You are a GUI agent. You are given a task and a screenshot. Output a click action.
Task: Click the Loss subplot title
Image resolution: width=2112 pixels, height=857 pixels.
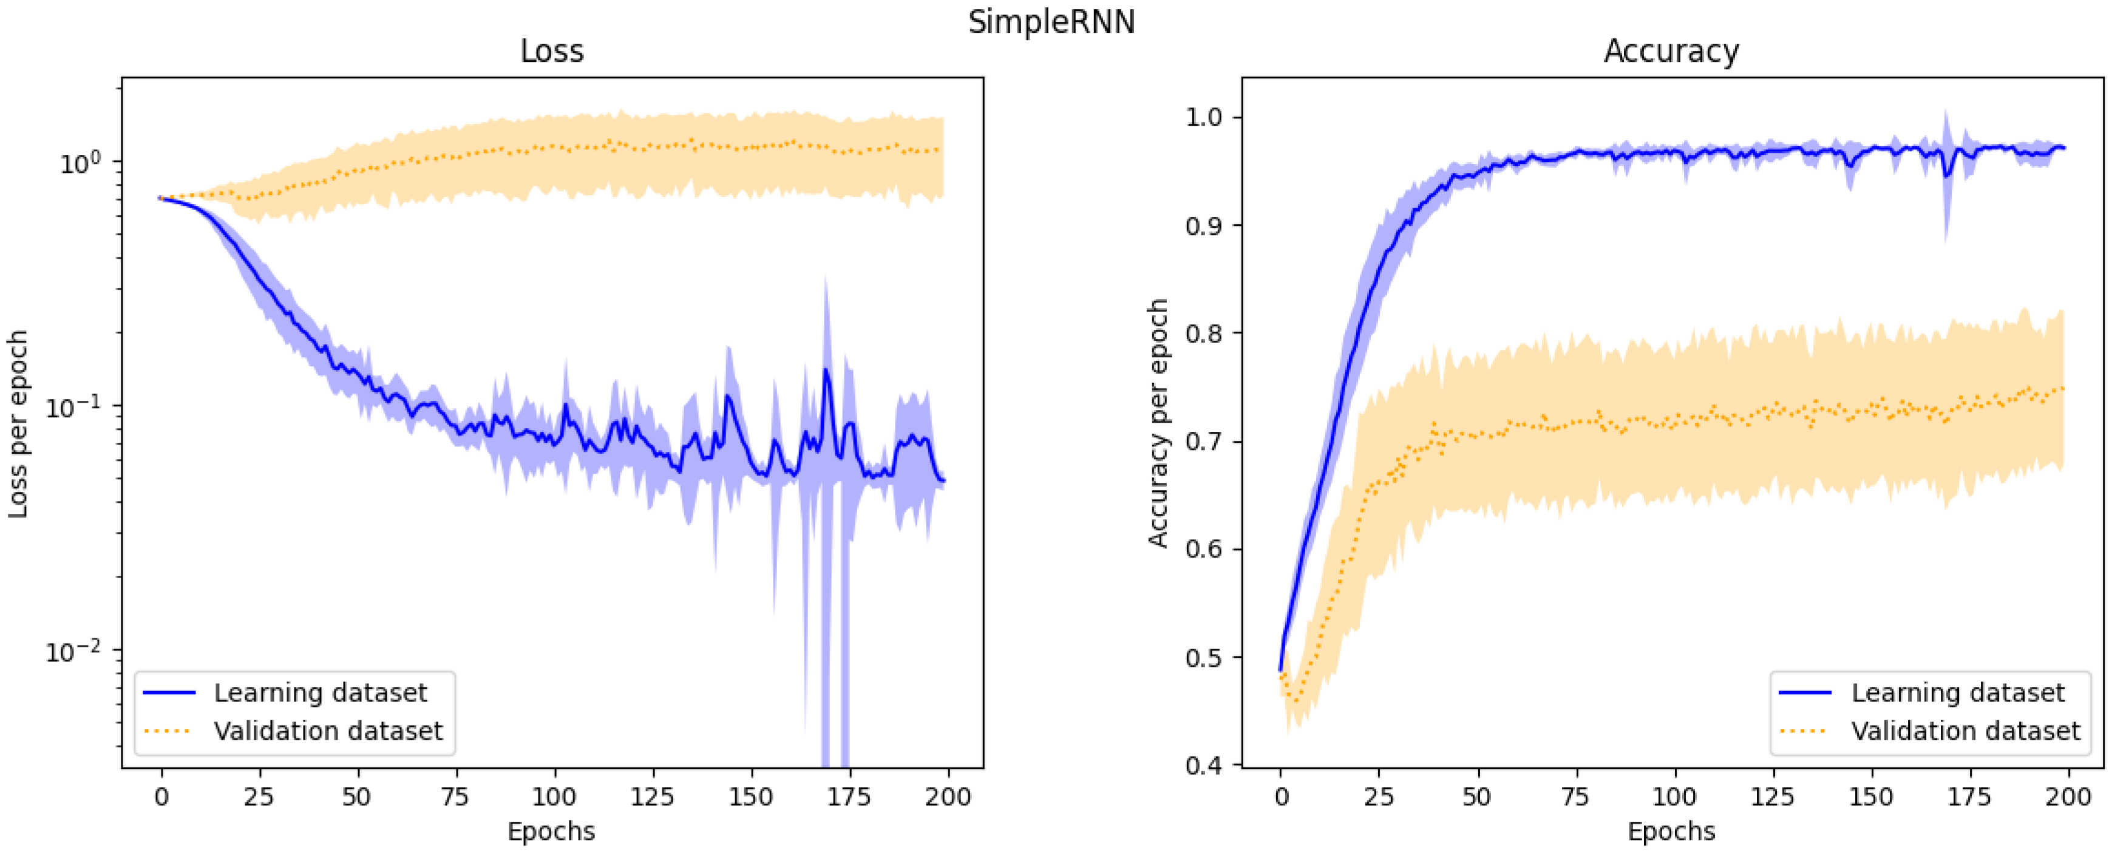[x=552, y=52]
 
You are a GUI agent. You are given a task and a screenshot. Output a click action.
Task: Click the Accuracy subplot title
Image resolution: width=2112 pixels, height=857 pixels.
[x=1671, y=52]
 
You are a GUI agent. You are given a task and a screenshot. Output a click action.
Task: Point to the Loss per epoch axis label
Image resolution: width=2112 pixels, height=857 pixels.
[x=18, y=424]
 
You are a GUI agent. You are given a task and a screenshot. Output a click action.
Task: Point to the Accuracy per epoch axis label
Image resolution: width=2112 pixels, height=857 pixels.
[x=1157, y=423]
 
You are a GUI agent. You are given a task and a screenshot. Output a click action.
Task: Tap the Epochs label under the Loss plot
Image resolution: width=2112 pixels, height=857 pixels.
[x=551, y=831]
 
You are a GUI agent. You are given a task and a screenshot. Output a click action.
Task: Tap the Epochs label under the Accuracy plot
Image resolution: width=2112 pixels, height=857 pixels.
[x=1671, y=831]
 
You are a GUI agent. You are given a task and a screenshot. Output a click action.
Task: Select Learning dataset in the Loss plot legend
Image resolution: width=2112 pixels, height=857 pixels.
[x=320, y=693]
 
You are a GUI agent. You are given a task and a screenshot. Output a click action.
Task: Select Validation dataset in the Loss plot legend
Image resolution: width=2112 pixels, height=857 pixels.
[x=328, y=731]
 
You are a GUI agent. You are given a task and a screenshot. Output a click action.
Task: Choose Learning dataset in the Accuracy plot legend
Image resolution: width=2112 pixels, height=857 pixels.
[x=1957, y=693]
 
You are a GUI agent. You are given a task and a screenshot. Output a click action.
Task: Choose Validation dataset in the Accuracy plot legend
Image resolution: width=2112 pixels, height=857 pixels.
[x=1965, y=731]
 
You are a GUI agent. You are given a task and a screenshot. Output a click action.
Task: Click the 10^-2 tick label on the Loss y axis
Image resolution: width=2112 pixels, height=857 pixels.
[x=74, y=652]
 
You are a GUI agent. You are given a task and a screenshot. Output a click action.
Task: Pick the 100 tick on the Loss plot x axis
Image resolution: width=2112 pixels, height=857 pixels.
[x=554, y=796]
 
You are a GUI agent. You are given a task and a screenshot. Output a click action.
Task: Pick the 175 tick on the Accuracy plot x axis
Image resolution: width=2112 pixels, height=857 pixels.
[x=1969, y=796]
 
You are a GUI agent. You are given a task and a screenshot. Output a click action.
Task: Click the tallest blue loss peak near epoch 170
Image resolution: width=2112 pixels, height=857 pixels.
[x=826, y=370]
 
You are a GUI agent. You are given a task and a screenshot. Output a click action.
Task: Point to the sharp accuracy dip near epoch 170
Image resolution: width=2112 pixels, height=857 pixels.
[x=1946, y=176]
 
